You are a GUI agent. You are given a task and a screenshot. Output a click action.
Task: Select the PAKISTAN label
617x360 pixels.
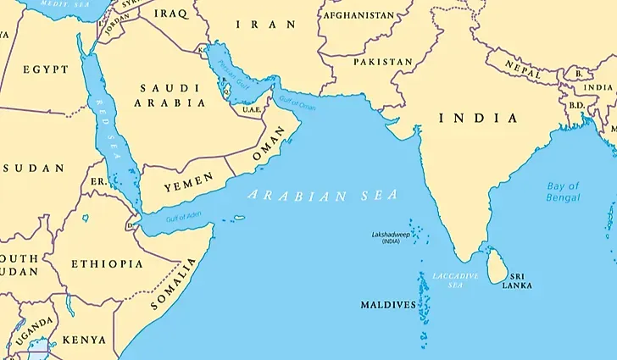(x=382, y=63)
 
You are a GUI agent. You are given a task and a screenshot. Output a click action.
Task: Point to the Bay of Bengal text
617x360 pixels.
(x=563, y=191)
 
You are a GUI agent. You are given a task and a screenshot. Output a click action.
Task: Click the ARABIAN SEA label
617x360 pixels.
(x=322, y=195)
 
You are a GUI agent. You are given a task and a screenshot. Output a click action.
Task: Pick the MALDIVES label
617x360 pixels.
(x=388, y=304)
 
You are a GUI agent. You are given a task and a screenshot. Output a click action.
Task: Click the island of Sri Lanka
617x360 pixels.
(x=499, y=264)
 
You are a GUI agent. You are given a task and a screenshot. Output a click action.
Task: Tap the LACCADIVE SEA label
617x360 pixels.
(x=456, y=280)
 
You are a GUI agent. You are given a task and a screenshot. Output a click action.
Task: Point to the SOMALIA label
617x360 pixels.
(x=175, y=288)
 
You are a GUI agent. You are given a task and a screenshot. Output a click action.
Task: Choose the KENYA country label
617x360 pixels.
(x=85, y=340)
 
